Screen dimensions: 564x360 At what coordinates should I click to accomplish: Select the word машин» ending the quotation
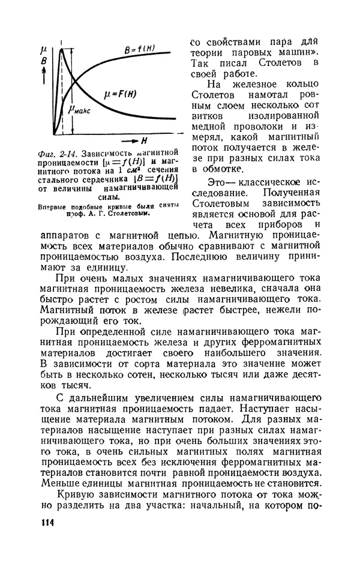click(x=292, y=52)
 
